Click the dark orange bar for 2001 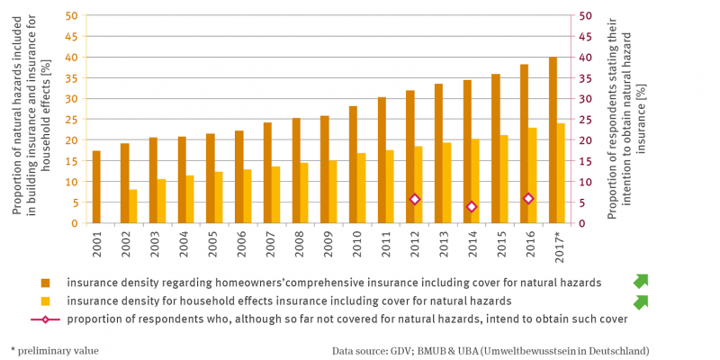pyautogui.click(x=96, y=187)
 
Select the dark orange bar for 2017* pyautogui.click(x=553, y=140)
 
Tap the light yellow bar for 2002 pyautogui.click(x=133, y=206)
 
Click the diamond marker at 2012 pyautogui.click(x=415, y=200)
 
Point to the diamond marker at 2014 pyautogui.click(x=472, y=207)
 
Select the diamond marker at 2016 pyautogui.click(x=528, y=199)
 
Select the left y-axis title pyautogui.click(x=29, y=117)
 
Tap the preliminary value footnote pyautogui.click(x=54, y=350)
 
